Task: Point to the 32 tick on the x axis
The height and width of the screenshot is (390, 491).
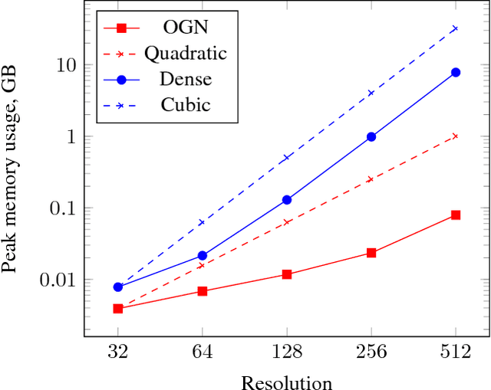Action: coord(118,353)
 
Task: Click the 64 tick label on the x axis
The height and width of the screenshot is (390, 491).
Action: coord(203,353)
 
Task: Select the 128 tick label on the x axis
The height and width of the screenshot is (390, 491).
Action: coord(287,353)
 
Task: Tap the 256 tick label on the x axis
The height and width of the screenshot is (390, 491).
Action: coord(371,353)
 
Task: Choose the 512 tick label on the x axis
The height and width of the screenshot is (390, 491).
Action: coord(456,353)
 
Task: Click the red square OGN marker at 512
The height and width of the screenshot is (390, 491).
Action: coord(456,215)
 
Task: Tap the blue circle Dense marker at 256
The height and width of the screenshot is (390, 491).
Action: coord(371,136)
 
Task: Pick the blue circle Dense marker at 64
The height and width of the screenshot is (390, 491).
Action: coord(203,255)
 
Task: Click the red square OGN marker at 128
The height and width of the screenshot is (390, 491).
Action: coord(287,274)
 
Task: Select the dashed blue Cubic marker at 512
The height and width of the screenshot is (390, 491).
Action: coord(456,28)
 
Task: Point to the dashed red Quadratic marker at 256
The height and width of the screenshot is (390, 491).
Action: coord(371,179)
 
